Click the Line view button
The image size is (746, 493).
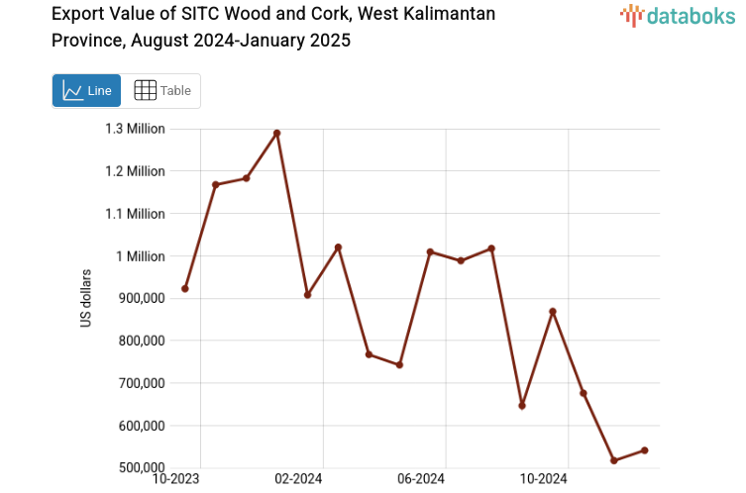[86, 91]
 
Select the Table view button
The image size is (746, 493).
[161, 91]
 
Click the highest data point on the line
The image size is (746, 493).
[276, 133]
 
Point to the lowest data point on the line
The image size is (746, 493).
[614, 460]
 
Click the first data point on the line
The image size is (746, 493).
[185, 289]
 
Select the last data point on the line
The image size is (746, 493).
[645, 450]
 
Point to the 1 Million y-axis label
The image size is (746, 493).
[143, 256]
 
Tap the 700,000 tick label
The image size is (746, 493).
[140, 383]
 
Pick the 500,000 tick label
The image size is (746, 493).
[140, 468]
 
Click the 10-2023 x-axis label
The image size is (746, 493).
[174, 480]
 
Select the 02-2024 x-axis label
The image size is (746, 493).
[298, 480]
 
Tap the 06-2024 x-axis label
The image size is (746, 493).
[420, 480]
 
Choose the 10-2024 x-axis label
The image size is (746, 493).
[543, 480]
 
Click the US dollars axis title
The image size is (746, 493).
[87, 298]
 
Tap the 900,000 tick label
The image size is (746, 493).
[140, 299]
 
